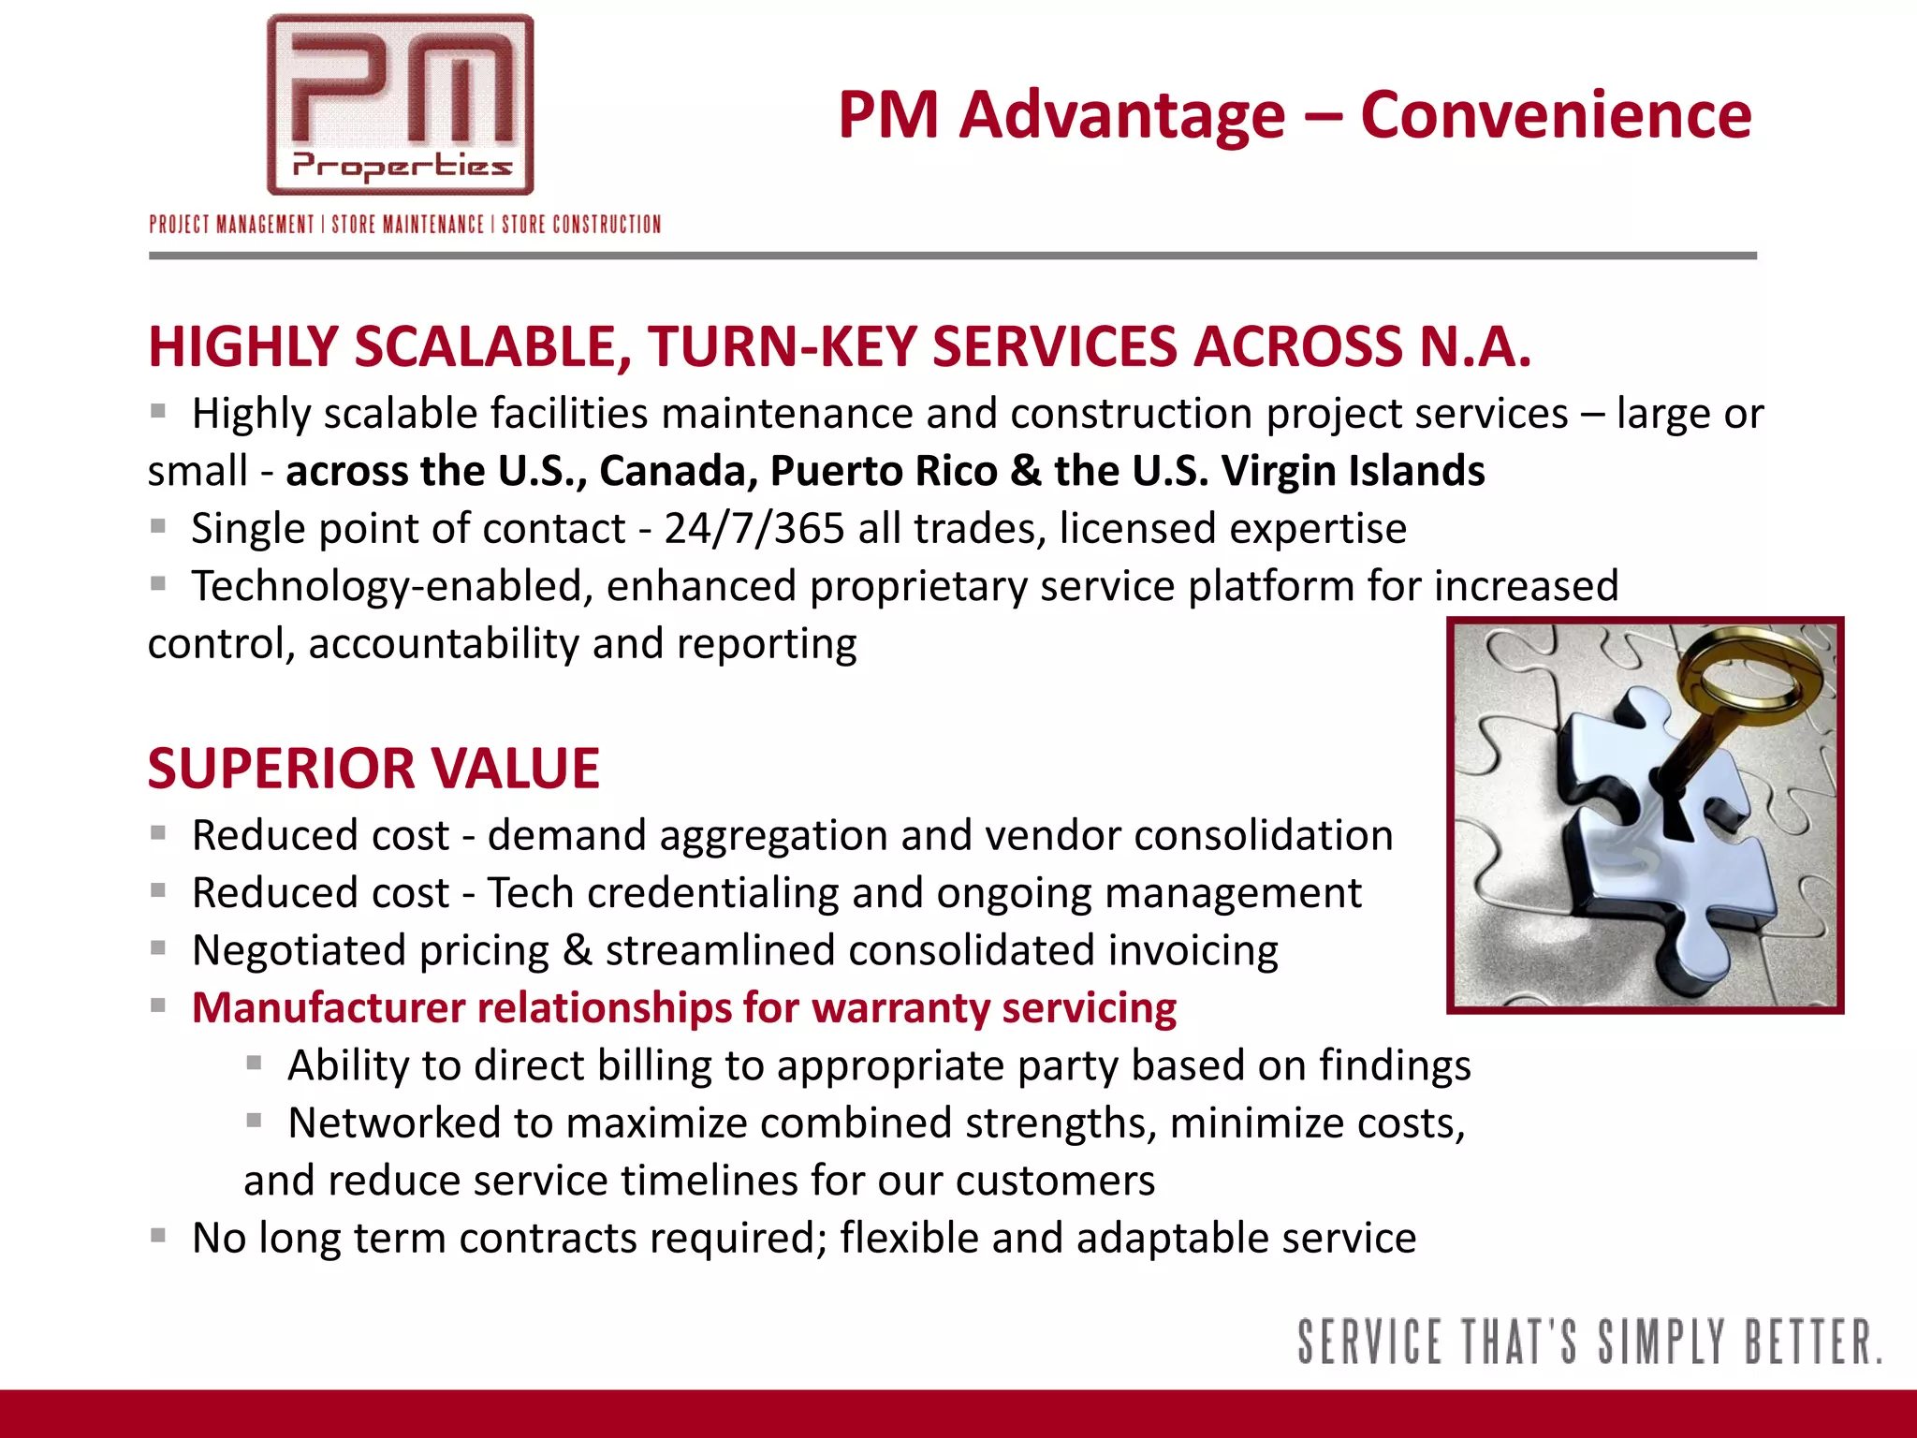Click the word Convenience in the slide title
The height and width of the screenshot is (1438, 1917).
click(1555, 115)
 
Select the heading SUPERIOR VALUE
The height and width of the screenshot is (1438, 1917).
click(373, 769)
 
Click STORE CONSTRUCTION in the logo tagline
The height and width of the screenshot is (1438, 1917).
click(581, 225)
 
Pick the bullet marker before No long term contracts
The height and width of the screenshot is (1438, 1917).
click(158, 1236)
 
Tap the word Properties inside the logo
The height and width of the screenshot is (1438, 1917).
click(402, 167)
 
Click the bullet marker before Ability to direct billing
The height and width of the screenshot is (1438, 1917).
click(254, 1063)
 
